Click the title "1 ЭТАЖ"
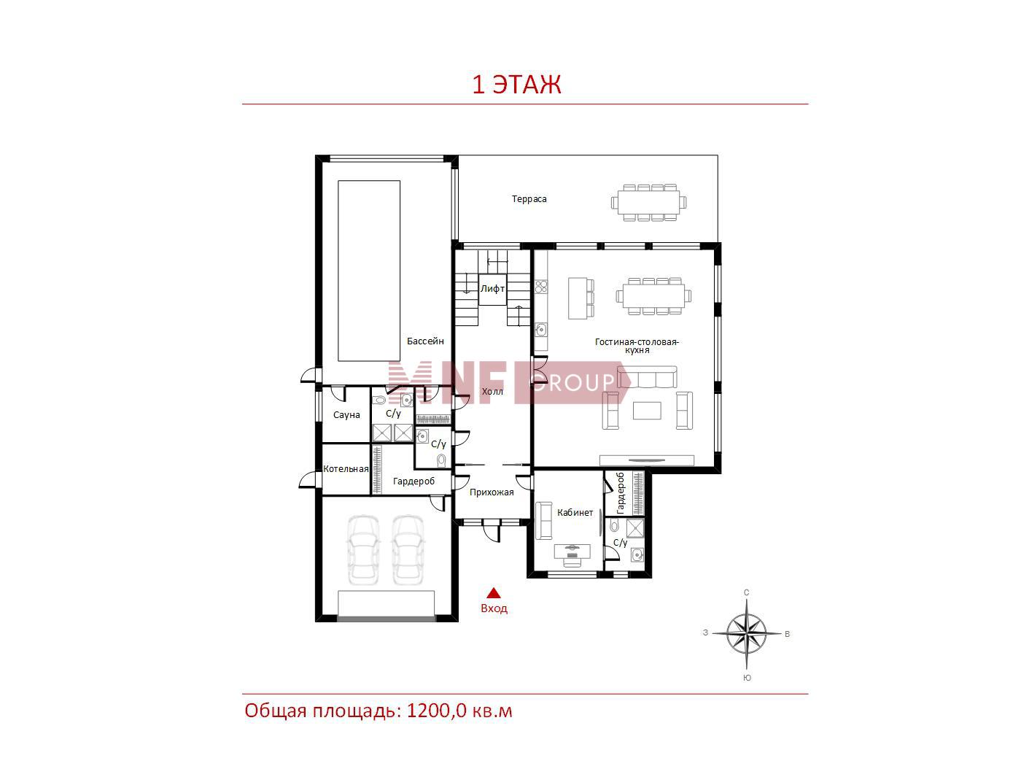tap(516, 85)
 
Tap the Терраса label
tap(529, 199)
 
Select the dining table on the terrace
tap(648, 202)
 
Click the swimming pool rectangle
tap(369, 271)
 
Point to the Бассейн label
tap(425, 341)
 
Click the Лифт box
tap(492, 290)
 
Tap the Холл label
tap(492, 392)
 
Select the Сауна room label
tap(346, 415)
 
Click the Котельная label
tap(346, 469)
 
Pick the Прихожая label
tap(492, 492)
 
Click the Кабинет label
tap(575, 513)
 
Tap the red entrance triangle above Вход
tap(494, 593)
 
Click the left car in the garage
tap(364, 550)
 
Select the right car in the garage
tap(408, 550)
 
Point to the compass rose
tap(746, 633)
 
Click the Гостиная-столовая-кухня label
tap(637, 346)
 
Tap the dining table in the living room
tap(653, 295)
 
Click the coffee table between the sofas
tap(647, 411)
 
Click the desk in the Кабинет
tap(572, 552)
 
